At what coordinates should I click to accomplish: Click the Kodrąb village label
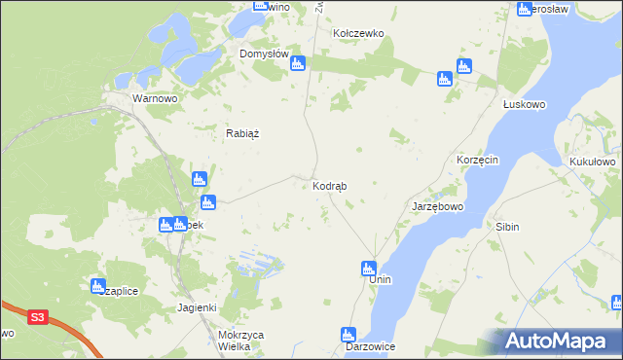click(x=330, y=185)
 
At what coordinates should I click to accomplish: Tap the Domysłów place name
click(x=265, y=54)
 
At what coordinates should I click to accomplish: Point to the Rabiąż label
click(x=242, y=134)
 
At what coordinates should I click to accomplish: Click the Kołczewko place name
click(x=359, y=33)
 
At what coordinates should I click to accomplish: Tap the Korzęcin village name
click(x=478, y=159)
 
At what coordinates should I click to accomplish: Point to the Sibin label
click(x=507, y=227)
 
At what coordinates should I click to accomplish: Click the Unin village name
click(x=380, y=279)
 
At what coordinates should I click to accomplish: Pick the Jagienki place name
click(x=196, y=307)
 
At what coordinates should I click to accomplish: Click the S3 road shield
click(x=38, y=317)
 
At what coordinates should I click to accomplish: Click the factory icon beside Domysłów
click(x=299, y=63)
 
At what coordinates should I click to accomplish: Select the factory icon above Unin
click(x=369, y=268)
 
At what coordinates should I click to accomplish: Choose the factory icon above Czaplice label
click(x=98, y=286)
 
